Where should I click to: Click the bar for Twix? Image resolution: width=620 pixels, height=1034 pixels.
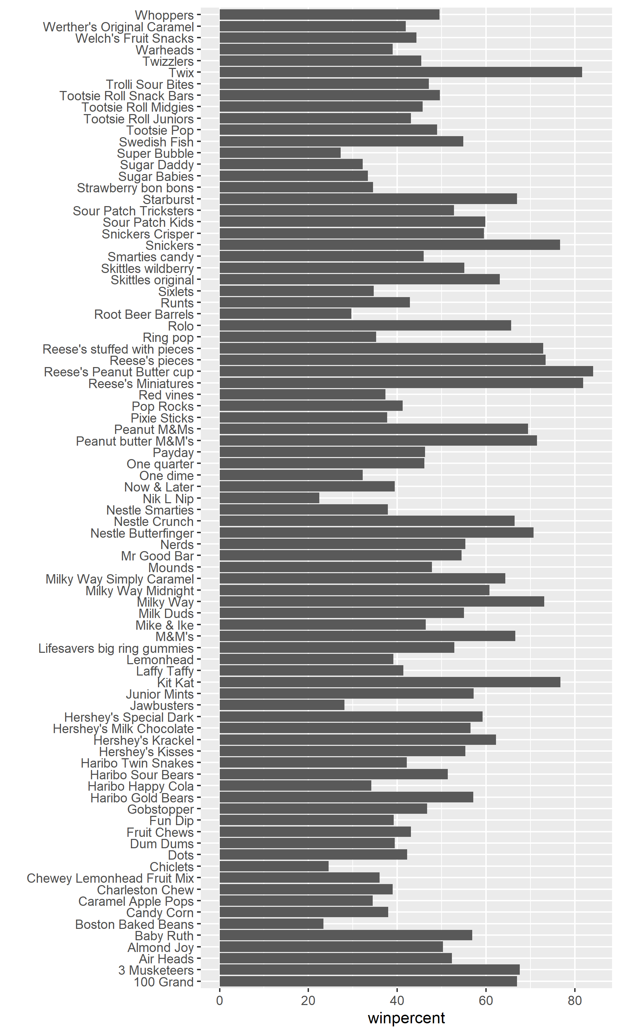point(400,72)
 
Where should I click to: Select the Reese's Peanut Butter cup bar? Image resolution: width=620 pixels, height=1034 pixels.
point(406,371)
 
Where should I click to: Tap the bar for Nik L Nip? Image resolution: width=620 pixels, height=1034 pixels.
point(269,498)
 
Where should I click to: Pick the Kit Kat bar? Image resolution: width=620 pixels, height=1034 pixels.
point(389,682)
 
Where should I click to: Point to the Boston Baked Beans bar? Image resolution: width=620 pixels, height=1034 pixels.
point(271,924)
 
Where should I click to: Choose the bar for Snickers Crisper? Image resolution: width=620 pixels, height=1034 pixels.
point(351,233)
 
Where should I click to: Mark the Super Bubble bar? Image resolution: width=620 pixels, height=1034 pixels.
point(280,153)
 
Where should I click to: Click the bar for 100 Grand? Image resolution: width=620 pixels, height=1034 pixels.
point(368,981)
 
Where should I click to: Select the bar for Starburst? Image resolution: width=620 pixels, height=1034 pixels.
point(368,199)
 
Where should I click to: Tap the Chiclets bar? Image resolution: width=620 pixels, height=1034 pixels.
point(273,866)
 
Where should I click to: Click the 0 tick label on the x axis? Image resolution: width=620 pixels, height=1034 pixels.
point(219,1001)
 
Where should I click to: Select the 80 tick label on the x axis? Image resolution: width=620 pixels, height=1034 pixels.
point(575,1001)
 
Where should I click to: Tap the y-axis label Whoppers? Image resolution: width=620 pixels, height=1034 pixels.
point(164,15)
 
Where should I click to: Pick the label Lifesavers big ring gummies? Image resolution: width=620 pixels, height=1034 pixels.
point(116,648)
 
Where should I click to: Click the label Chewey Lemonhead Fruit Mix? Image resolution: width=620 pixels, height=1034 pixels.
point(110,878)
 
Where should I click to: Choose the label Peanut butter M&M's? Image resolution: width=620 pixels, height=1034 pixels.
point(135,441)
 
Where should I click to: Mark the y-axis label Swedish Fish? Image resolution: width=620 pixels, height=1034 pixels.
point(156,142)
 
